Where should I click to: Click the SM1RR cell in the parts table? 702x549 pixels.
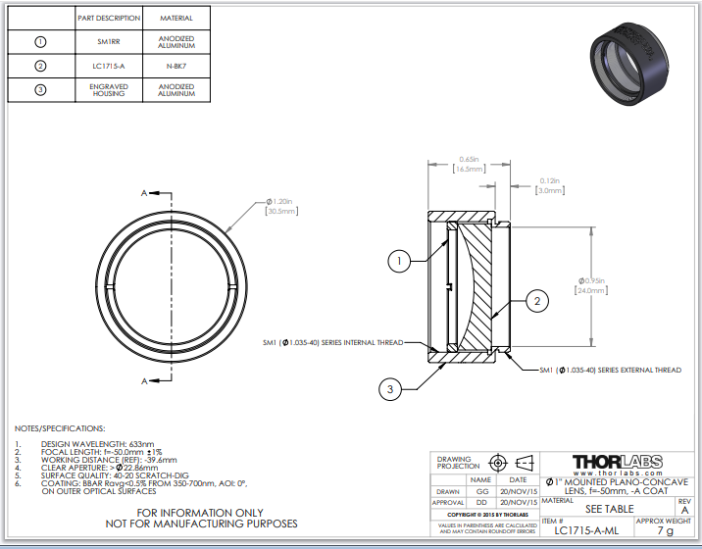pyautogui.click(x=109, y=42)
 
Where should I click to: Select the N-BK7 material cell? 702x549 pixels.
pyautogui.click(x=175, y=67)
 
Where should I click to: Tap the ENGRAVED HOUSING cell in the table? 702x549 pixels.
pyautogui.click(x=109, y=91)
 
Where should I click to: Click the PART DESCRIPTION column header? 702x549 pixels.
pyautogui.click(x=109, y=18)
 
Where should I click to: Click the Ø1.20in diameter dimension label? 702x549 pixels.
pyautogui.click(x=280, y=207)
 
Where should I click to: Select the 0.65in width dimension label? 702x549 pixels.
pyautogui.click(x=470, y=164)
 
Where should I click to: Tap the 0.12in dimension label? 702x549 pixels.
pyautogui.click(x=550, y=185)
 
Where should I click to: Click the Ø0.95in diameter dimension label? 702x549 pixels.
pyautogui.click(x=590, y=284)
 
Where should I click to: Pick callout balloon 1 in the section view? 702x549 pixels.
pyautogui.click(x=399, y=261)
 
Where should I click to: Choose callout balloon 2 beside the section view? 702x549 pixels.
pyautogui.click(x=536, y=302)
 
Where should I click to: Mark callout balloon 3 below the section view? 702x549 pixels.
pyautogui.click(x=390, y=390)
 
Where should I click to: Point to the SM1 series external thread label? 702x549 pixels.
pyautogui.click(x=610, y=370)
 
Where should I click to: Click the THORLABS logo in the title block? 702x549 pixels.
pyautogui.click(x=617, y=461)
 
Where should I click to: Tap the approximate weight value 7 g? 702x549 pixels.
pyautogui.click(x=665, y=530)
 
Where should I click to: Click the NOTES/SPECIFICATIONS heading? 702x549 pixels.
pyautogui.click(x=59, y=428)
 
